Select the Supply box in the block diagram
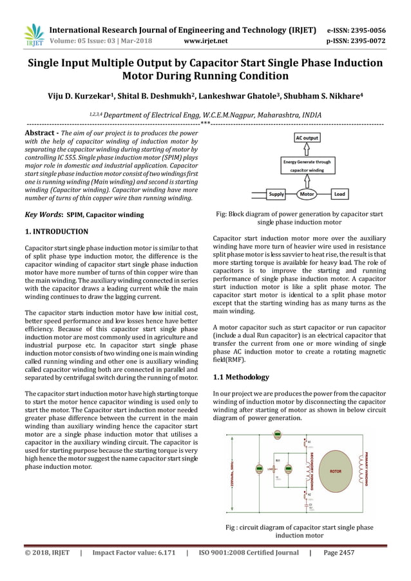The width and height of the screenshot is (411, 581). tap(276, 193)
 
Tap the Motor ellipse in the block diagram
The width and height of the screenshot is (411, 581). tap(307, 193)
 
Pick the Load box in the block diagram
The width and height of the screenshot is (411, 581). tap(339, 193)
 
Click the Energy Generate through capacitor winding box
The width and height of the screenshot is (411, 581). tap(307, 166)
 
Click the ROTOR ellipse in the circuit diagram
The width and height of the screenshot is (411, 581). tap(335, 471)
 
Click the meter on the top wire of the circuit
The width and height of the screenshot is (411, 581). tap(277, 436)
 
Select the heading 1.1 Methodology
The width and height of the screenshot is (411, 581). tap(241, 377)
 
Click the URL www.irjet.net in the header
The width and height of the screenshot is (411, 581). tap(205, 41)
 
